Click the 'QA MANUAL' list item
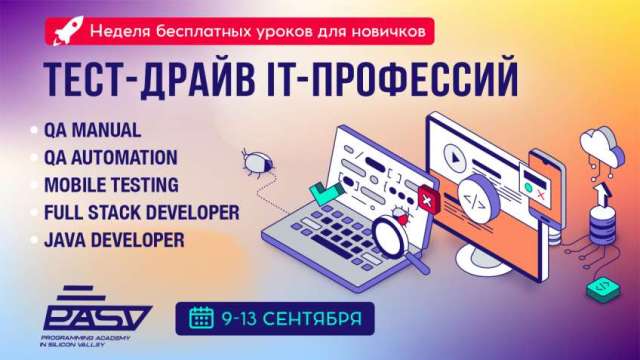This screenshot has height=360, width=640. tap(92, 131)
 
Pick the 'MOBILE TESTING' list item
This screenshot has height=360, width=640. tap(111, 185)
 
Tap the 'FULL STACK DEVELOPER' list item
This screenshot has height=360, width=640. tap(140, 213)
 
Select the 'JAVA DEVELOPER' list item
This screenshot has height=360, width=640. tap(114, 240)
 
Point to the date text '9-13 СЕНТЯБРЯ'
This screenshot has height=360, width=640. tap(289, 318)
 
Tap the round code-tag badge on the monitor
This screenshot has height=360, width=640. tap(481, 197)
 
